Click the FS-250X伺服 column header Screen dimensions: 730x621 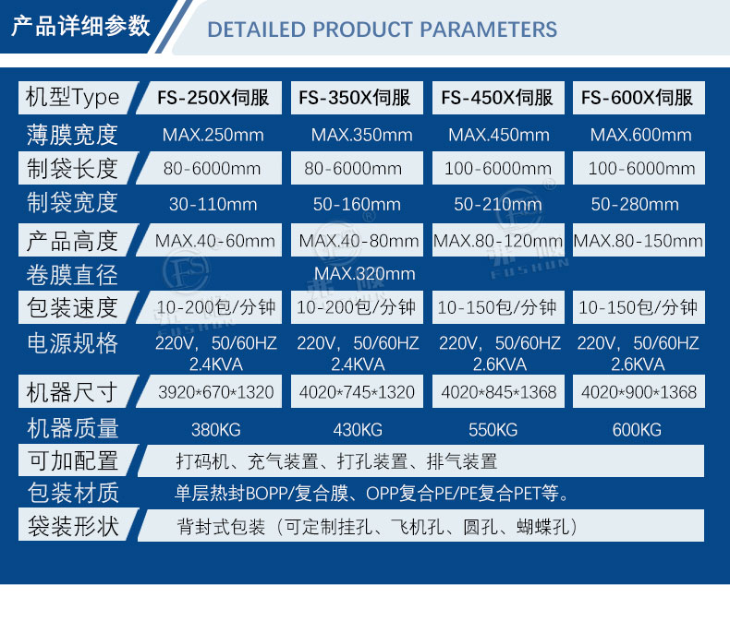pyautogui.click(x=213, y=98)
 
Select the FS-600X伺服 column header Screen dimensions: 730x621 pyautogui.click(x=637, y=98)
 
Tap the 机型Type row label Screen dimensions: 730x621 pyautogui.click(x=72, y=98)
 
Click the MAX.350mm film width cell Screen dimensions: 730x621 pyautogui.click(x=361, y=135)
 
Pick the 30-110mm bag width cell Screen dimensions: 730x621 pyautogui.click(x=213, y=204)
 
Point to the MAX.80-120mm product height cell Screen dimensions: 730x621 pyautogui.click(x=498, y=241)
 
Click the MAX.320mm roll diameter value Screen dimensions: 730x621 pyautogui.click(x=364, y=273)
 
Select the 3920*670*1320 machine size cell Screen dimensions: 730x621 pyautogui.click(x=215, y=392)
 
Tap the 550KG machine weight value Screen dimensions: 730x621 pyautogui.click(x=493, y=430)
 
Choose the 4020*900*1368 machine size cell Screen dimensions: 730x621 pyautogui.click(x=639, y=392)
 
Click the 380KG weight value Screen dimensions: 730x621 pyautogui.click(x=215, y=430)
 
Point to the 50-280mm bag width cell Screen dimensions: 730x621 pyautogui.click(x=635, y=204)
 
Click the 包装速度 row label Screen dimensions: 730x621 pyautogui.click(x=72, y=307)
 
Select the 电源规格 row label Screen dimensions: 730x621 pyautogui.click(x=72, y=343)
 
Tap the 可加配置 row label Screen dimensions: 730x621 pyautogui.click(x=73, y=460)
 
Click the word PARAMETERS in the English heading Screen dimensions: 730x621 pyautogui.click(x=488, y=30)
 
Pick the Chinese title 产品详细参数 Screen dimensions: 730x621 pyautogui.click(x=80, y=26)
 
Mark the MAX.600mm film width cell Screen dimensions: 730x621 pyautogui.click(x=640, y=135)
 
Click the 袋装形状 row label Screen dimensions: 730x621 pyautogui.click(x=73, y=526)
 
